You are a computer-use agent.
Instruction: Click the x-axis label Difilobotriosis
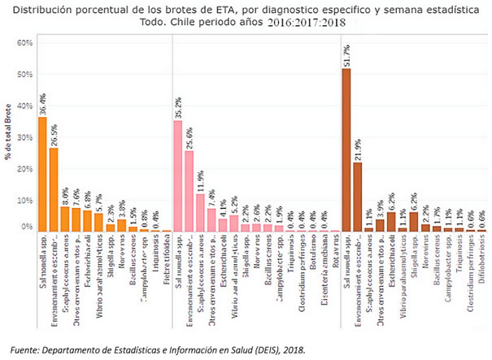click(x=481, y=265)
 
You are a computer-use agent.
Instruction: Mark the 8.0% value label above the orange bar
click(x=65, y=196)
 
